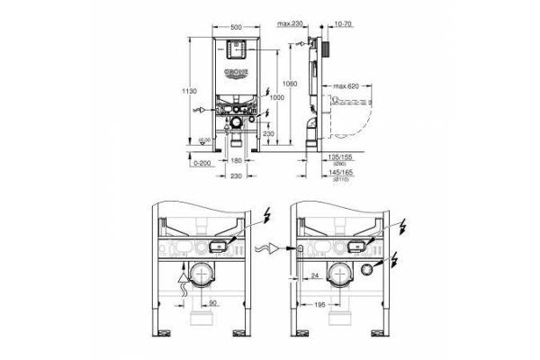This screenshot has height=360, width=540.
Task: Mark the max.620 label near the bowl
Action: click(346, 85)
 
